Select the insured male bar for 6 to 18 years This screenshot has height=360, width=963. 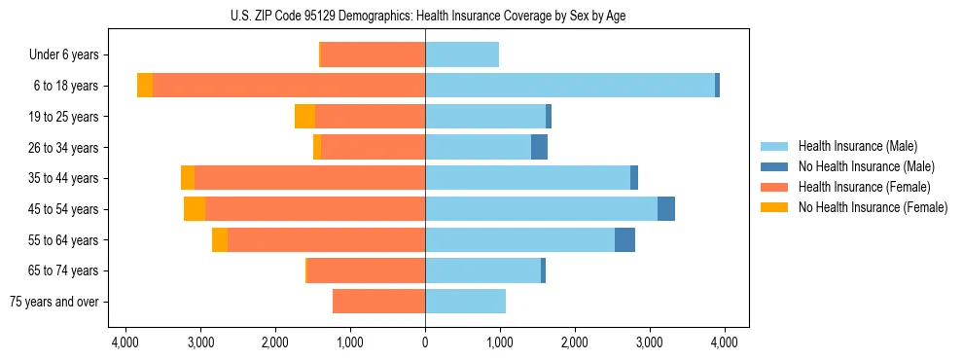click(x=569, y=86)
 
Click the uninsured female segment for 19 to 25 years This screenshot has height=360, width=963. click(x=304, y=117)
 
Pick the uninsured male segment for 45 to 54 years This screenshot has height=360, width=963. click(x=666, y=209)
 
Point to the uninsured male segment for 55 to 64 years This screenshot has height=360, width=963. click(x=624, y=240)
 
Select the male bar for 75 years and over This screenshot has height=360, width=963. click(x=465, y=302)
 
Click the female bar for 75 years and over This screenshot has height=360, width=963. click(x=378, y=302)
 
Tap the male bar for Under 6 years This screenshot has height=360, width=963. click(x=462, y=55)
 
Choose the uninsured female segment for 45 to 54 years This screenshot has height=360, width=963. click(x=195, y=209)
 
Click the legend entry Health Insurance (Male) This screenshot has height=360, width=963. click(x=857, y=146)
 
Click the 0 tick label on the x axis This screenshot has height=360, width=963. click(x=425, y=343)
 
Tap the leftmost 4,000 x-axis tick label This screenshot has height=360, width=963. click(x=125, y=343)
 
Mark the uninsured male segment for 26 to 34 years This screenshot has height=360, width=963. click(x=539, y=148)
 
